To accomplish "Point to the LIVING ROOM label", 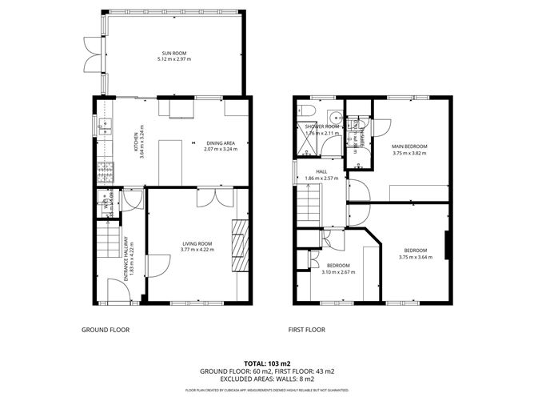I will point(196,243).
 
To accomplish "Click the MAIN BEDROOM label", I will point(409,146).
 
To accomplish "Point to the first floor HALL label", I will point(321,171).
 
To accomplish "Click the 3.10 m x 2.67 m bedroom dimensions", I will point(338,272).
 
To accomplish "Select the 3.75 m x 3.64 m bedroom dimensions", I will point(416,257).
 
